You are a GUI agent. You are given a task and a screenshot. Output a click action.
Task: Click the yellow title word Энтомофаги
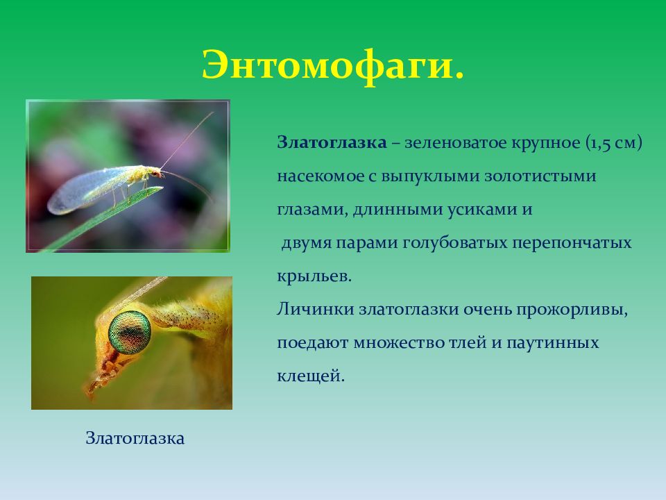332,66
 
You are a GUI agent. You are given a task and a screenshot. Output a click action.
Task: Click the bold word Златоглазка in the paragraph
332,142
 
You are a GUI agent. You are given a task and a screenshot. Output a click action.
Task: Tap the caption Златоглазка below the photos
135,438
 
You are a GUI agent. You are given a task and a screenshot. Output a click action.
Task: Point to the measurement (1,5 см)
614,143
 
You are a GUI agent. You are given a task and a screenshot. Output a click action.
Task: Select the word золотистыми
540,176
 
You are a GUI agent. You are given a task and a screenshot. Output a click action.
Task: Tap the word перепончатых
571,243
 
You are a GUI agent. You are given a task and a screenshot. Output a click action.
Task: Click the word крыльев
314,276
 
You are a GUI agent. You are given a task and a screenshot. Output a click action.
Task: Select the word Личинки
316,309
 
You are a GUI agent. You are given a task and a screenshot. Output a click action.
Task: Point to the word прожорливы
572,310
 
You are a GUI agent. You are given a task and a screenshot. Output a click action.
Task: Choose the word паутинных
553,342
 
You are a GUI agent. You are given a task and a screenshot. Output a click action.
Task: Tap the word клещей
311,376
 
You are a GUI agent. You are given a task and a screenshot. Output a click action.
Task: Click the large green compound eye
130,333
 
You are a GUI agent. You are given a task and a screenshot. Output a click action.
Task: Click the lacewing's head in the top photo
155,172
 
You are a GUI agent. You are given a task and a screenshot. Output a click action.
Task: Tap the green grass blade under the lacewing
102,219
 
